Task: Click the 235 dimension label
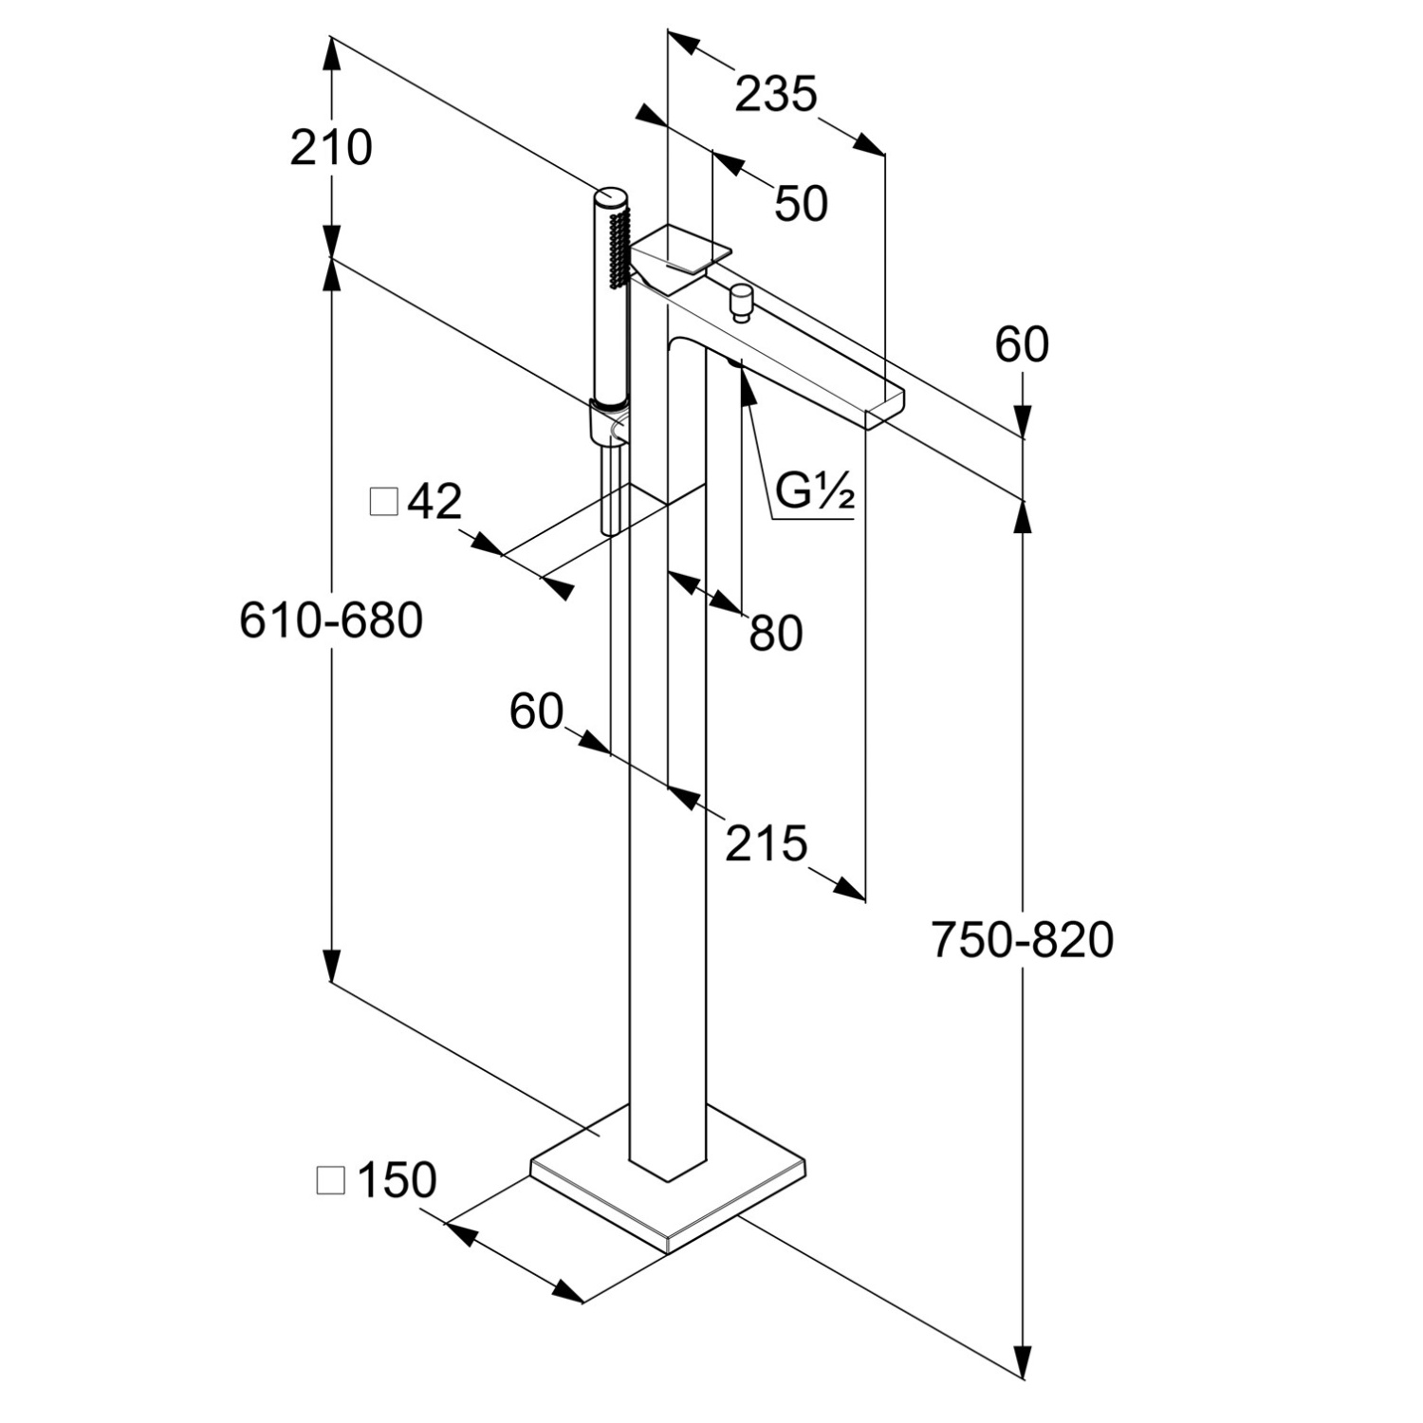pos(776,95)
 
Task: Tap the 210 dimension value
pos(331,148)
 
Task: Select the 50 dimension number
pos(801,204)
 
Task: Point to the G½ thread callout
pos(815,491)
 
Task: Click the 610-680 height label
pos(331,621)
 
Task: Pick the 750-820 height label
pos(1022,940)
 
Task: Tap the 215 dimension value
pos(766,842)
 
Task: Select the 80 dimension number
pos(775,633)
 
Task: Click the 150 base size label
pos(397,1180)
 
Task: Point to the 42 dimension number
pos(434,501)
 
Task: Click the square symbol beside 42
pos(383,501)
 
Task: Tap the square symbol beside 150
pos(331,1180)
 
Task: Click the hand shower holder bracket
pos(608,423)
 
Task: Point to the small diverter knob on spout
pos(739,300)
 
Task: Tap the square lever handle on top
pos(683,249)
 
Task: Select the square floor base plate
pos(668,1197)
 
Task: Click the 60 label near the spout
pos(1022,344)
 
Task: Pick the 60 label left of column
pos(536,711)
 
